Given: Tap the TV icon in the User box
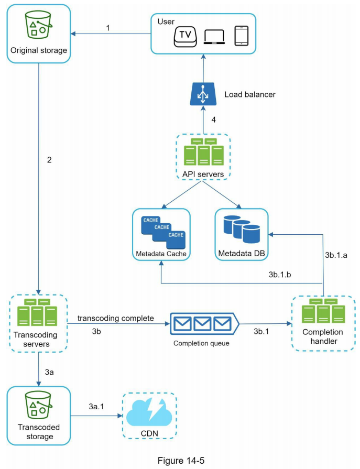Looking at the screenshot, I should click(x=186, y=36).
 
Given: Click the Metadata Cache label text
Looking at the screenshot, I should click(x=161, y=254).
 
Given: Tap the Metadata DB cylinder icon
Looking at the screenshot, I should click(x=242, y=231).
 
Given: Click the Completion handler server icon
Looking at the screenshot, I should click(x=323, y=312).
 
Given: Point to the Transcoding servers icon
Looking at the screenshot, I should click(x=37, y=313).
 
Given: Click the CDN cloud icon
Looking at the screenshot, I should click(x=149, y=412).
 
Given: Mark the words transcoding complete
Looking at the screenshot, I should click(x=115, y=318).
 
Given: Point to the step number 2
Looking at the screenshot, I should click(x=49, y=160).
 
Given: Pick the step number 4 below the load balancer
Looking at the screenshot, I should click(x=213, y=119).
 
